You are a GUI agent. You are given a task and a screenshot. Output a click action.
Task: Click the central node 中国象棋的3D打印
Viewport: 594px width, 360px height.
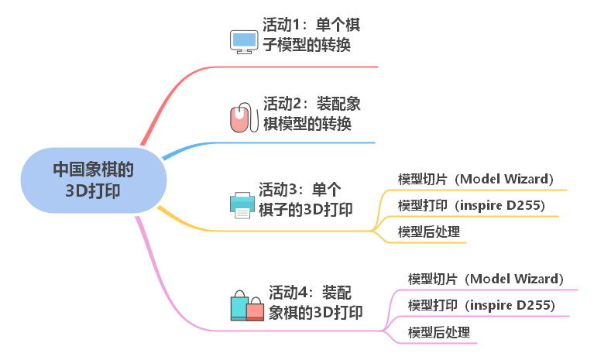93,180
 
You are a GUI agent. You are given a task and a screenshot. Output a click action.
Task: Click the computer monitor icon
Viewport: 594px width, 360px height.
244,40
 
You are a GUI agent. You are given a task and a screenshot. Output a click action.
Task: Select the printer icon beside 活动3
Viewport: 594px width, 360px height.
242,204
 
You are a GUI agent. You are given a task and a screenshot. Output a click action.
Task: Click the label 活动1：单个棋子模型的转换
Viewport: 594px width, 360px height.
311,36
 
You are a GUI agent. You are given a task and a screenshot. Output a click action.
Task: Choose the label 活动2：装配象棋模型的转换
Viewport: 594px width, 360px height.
311,114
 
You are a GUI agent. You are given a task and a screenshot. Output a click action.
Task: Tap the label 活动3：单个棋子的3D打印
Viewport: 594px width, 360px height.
305,200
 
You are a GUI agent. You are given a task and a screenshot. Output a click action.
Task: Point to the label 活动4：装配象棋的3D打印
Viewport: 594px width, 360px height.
315,302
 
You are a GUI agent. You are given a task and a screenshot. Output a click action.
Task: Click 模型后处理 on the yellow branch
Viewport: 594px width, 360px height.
428,231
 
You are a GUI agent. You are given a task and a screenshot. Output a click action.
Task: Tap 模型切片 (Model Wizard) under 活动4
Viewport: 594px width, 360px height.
486,279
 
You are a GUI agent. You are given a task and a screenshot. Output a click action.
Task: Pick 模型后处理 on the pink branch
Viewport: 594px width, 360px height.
438,332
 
